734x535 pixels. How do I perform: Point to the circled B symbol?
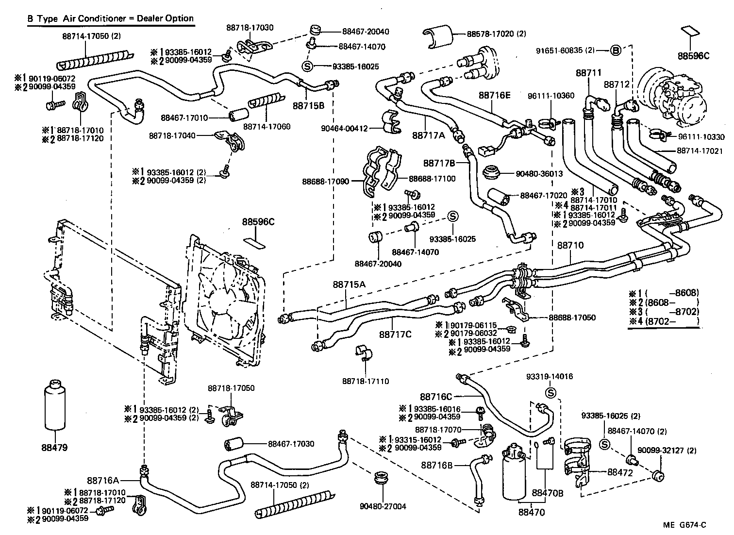click(615, 50)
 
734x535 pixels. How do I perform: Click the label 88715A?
click(349, 284)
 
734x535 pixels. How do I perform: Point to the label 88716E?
click(495, 95)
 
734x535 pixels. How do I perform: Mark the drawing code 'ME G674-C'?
click(684, 525)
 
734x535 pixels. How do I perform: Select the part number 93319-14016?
click(550, 376)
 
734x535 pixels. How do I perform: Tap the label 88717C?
click(395, 334)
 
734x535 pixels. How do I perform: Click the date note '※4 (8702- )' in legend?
click(664, 321)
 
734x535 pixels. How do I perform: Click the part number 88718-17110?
click(366, 382)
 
